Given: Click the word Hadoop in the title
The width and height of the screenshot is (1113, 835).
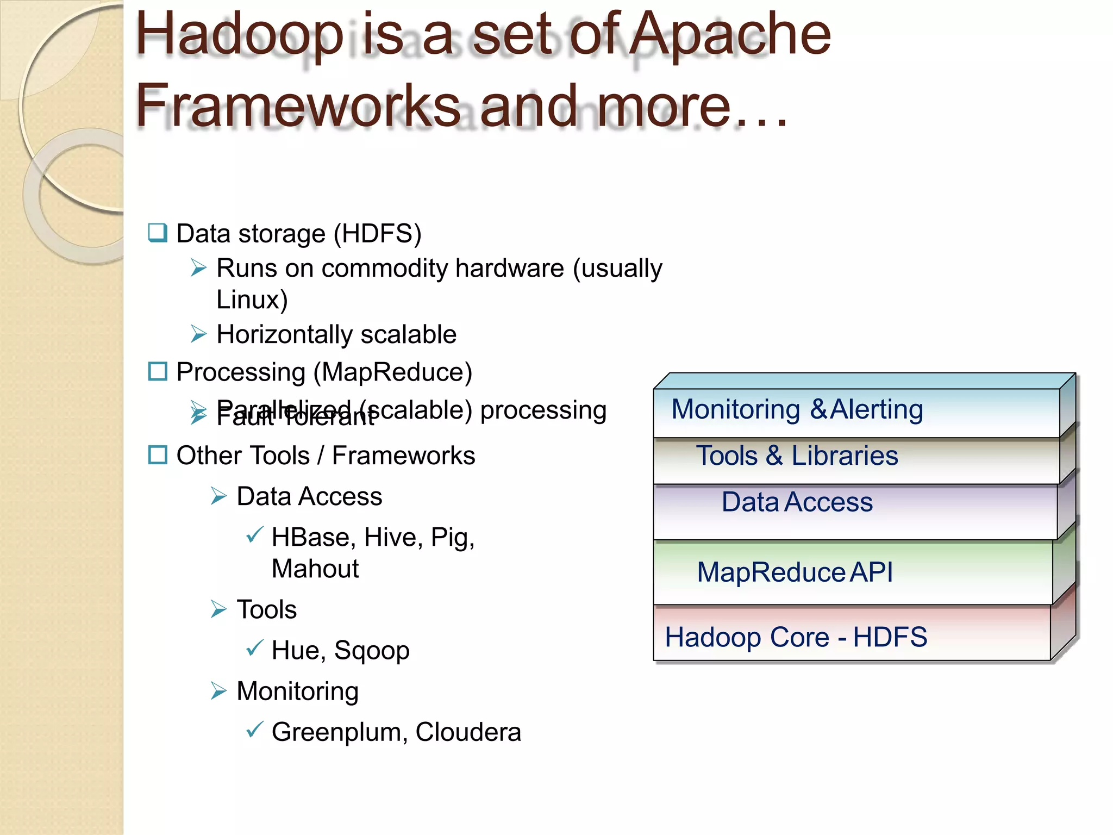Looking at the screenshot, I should click(239, 36).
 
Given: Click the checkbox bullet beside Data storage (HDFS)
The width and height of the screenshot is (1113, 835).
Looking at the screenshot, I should click(158, 233).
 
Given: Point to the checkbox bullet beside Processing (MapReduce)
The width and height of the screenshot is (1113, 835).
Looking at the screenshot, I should click(158, 372).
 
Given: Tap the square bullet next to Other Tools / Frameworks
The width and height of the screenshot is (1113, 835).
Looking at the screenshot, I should click(158, 455).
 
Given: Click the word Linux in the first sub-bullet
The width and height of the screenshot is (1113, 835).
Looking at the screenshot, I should click(247, 300).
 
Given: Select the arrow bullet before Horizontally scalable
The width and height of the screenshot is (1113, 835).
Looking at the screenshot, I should click(199, 334).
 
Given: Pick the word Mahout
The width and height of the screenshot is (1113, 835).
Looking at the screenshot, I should click(315, 569).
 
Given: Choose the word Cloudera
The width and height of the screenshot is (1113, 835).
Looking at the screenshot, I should click(468, 732).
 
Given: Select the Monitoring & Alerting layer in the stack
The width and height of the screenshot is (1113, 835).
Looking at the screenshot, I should click(856, 410).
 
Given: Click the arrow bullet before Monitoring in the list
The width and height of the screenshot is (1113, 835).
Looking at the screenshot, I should click(218, 691).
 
